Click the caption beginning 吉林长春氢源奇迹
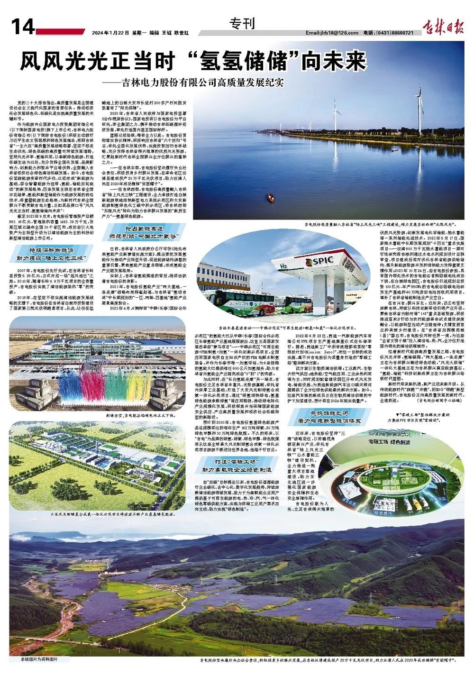pos(287,328)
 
